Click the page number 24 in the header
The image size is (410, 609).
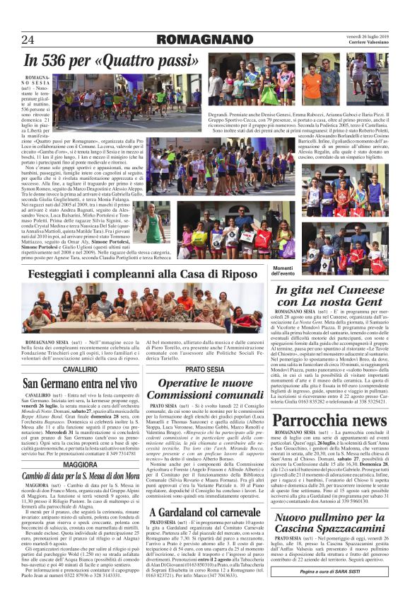pyautogui.click(x=28, y=38)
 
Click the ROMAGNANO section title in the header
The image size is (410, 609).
pyautogui.click(x=205, y=38)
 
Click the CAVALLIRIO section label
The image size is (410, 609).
pyautogui.click(x=81, y=370)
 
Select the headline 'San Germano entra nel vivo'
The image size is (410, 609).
pyautogui.click(x=81, y=384)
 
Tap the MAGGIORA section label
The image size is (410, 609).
pyautogui.click(x=81, y=465)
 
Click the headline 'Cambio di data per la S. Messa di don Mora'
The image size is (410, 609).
pyautogui.click(x=81, y=477)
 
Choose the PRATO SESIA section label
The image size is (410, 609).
pyautogui.click(x=205, y=370)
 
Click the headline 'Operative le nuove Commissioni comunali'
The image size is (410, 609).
pyautogui.click(x=205, y=389)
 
